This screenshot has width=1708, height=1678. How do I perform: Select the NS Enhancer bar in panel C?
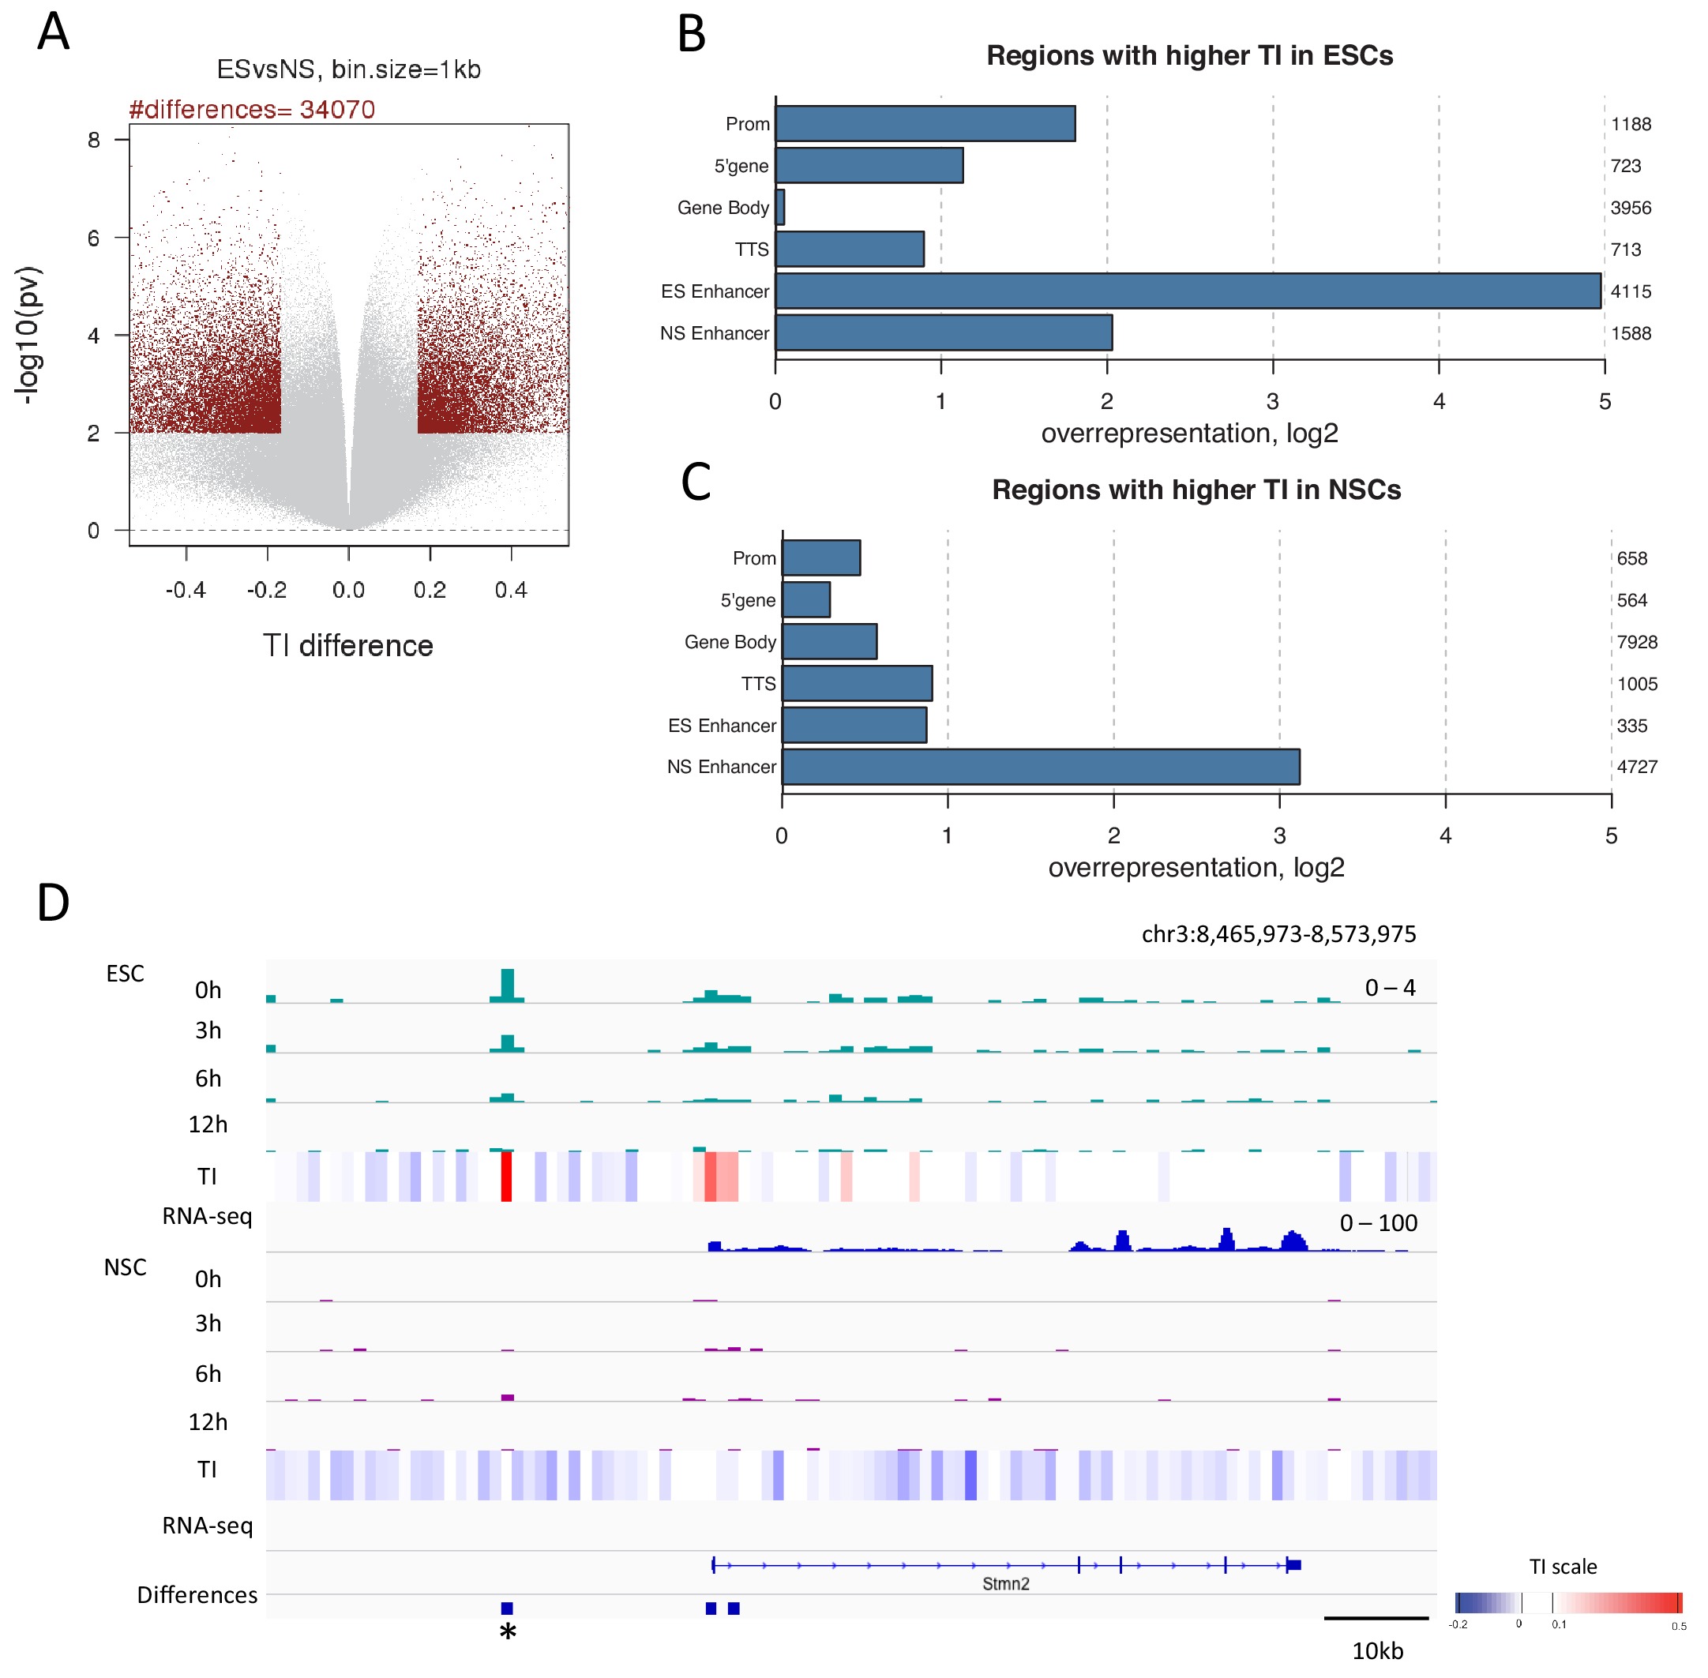point(1040,767)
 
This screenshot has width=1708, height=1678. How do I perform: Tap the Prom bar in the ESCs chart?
point(925,123)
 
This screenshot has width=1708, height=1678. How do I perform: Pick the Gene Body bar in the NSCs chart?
point(828,641)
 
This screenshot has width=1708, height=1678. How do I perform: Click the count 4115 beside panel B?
point(1631,291)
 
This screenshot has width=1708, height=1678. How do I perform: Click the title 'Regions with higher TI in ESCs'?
point(1189,55)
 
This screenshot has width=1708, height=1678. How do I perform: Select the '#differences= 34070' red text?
point(252,109)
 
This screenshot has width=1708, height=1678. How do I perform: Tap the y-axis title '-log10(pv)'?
point(28,335)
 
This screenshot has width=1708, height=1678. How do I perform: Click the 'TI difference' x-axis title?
point(348,646)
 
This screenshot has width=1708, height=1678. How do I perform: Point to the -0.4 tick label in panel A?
point(185,590)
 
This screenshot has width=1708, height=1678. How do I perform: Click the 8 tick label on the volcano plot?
point(93,139)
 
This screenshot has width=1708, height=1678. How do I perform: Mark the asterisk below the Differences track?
point(508,1632)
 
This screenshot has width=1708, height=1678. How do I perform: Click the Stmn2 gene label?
point(1005,1584)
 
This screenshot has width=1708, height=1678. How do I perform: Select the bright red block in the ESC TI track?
point(506,1177)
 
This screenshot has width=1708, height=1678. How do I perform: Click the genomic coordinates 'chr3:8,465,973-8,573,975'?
point(1278,934)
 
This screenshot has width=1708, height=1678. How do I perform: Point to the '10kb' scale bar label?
point(1376,1650)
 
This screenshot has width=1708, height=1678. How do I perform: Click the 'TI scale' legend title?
point(1563,1566)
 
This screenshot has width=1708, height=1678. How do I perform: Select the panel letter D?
point(53,903)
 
